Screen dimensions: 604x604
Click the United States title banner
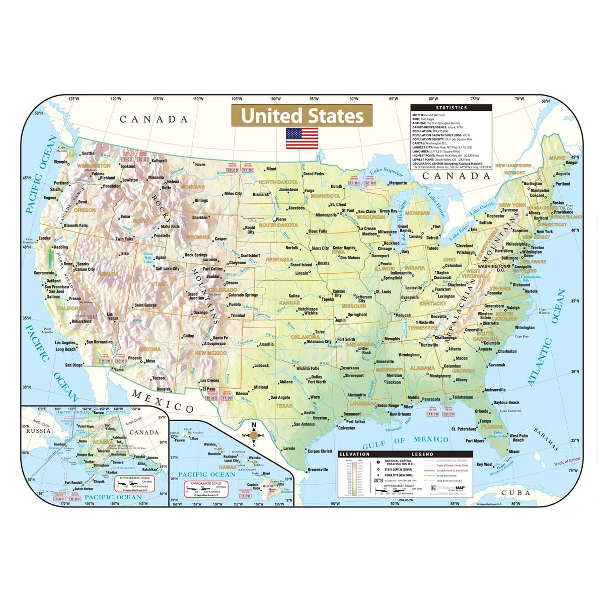(302, 116)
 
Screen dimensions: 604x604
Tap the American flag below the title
(302, 138)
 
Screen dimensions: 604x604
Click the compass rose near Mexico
(254, 436)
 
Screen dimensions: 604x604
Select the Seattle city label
(88, 154)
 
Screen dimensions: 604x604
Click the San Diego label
(74, 365)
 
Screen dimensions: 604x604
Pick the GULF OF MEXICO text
(406, 440)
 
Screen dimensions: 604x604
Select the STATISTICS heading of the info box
(451, 108)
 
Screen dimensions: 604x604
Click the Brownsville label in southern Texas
(318, 470)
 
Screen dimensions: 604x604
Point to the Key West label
(484, 464)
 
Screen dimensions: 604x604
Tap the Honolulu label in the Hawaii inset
(214, 454)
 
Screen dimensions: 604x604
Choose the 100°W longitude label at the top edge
(275, 99)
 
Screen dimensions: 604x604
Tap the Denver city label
(232, 283)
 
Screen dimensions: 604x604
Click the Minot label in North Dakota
(271, 169)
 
